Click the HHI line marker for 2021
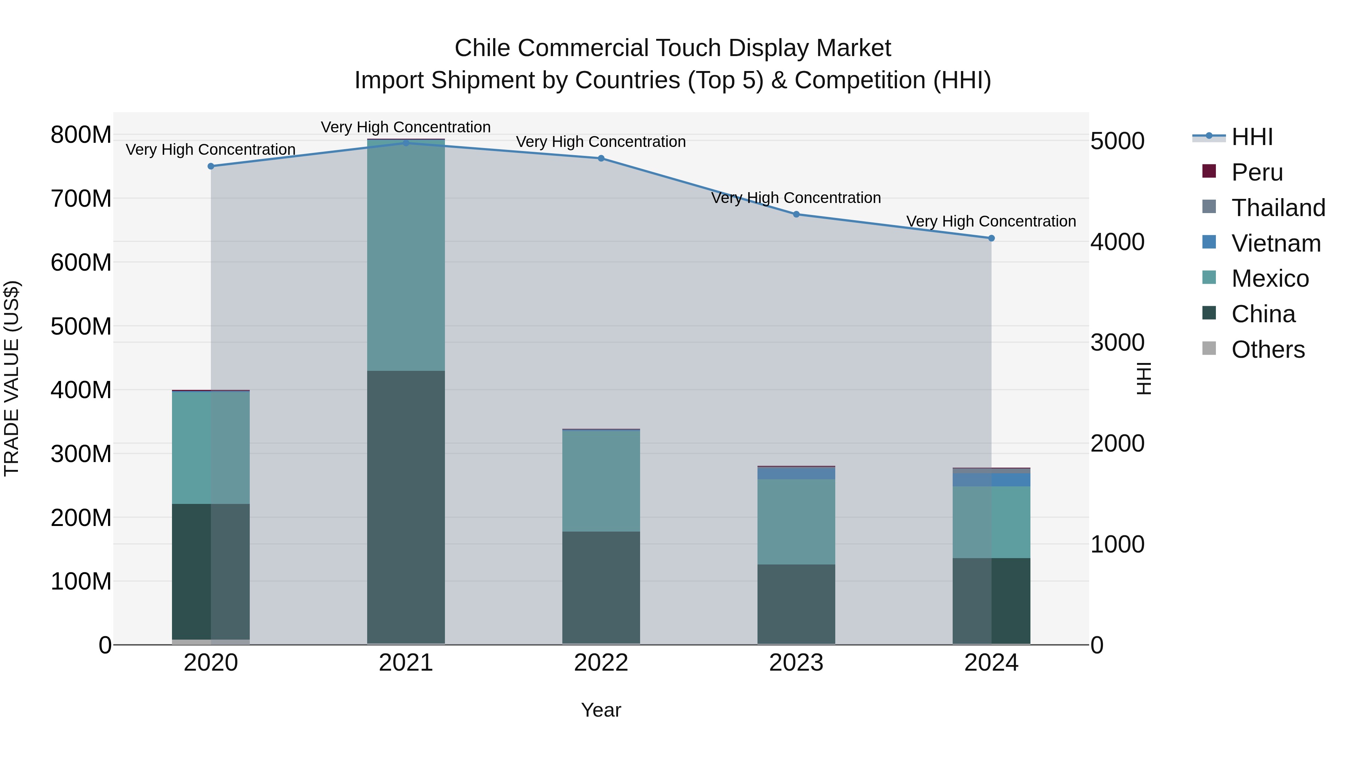[406, 143]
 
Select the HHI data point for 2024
[991, 238]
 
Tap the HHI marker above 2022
[601, 158]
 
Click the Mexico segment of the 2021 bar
[406, 255]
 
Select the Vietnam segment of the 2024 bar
[991, 480]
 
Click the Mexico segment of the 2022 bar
[601, 481]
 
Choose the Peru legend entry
[1257, 172]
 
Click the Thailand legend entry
[1278, 208]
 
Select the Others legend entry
[1267, 350]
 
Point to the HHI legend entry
[1252, 137]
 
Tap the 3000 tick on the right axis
[1117, 343]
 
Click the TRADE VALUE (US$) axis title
[12, 378]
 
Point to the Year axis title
[601, 710]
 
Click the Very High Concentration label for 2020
[210, 150]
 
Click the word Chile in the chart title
[482, 48]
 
